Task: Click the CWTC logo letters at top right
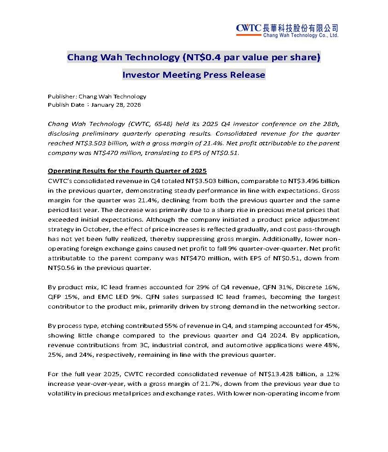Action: [249, 29]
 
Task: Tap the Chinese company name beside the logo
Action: [301, 28]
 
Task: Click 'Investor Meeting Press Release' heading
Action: [194, 74]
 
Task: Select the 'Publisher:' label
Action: [62, 97]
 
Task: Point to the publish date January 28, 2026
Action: [116, 105]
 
